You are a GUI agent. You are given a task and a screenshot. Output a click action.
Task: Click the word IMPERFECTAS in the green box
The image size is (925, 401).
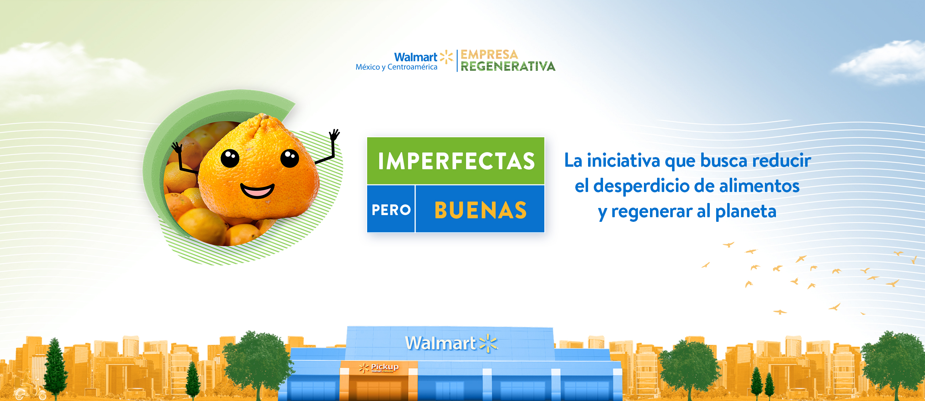(x=456, y=161)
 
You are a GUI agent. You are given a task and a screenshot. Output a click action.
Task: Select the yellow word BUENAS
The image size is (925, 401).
(x=480, y=210)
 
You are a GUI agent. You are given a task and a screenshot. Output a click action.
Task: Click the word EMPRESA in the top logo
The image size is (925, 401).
(x=489, y=54)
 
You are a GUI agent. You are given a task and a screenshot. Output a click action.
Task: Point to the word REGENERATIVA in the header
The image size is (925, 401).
(x=508, y=66)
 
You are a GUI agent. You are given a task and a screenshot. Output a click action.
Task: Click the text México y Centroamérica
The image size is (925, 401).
(x=396, y=67)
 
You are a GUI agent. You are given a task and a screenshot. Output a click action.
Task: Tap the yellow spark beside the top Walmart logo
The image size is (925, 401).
(x=446, y=57)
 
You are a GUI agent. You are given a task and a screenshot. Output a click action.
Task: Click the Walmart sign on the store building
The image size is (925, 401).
(x=451, y=343)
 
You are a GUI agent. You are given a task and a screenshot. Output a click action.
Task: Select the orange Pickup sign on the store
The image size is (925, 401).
(x=379, y=367)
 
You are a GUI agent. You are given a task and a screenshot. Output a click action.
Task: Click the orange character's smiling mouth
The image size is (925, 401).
(x=257, y=190)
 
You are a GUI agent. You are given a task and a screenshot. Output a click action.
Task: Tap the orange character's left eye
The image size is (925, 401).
(x=230, y=158)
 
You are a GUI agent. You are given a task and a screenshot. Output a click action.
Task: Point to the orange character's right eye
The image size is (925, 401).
(x=290, y=158)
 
